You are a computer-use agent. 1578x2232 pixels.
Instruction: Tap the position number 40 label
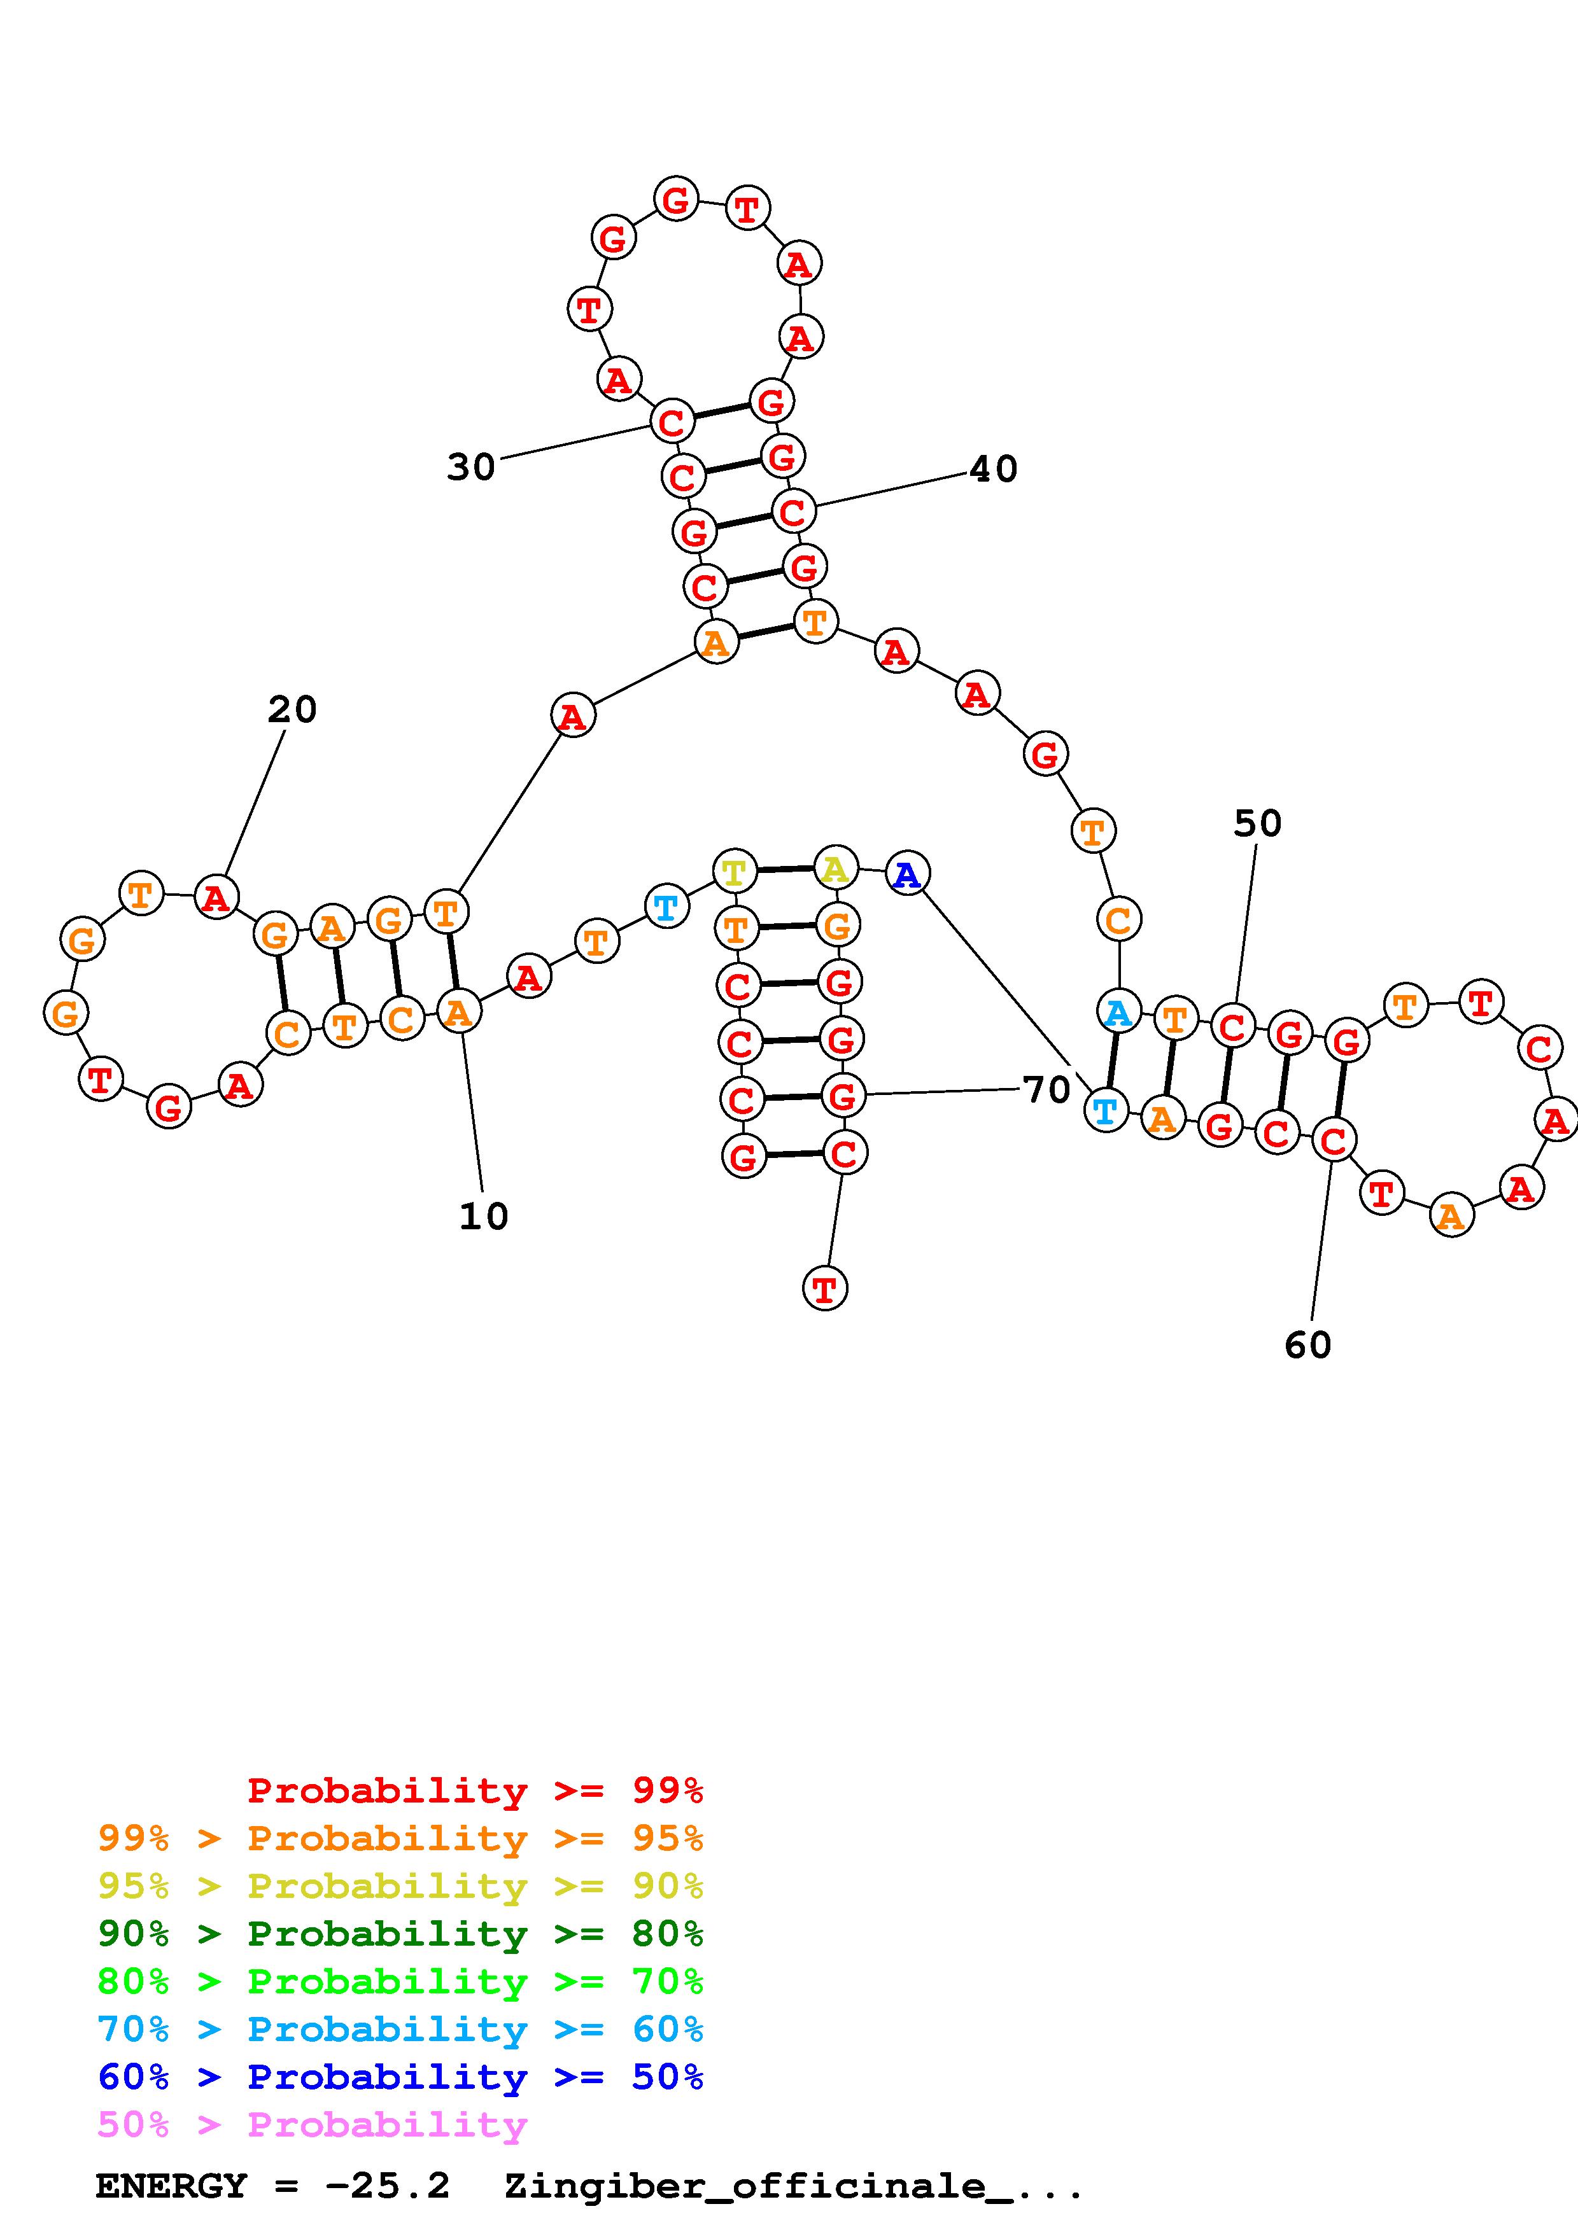tap(992, 470)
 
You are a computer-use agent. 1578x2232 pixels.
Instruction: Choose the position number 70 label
tap(1046, 1090)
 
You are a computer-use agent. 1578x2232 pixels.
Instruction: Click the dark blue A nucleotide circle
tap(907, 874)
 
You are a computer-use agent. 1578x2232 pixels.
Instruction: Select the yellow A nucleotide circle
tap(835, 868)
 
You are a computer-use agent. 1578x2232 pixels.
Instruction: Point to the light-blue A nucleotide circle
tap(1118, 1012)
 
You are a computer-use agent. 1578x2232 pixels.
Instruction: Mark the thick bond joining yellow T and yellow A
tap(785, 869)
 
